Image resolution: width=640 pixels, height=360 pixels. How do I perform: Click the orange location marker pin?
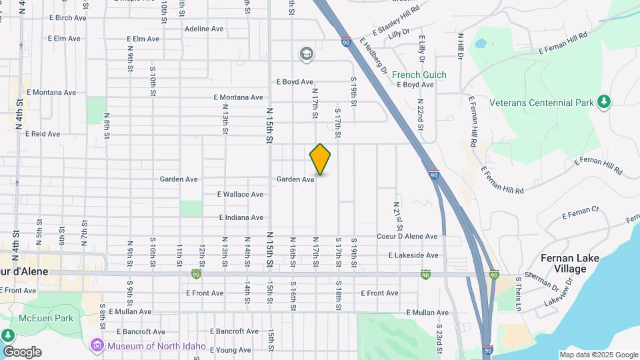click(321, 159)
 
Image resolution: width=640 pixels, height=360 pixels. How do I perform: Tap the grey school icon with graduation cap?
click(306, 54)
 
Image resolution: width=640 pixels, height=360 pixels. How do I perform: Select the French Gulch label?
click(419, 75)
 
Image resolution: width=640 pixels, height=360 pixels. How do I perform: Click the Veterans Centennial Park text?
click(541, 103)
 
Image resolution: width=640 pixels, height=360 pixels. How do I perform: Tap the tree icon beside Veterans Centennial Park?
click(604, 101)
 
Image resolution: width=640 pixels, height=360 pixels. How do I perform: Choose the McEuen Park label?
click(46, 318)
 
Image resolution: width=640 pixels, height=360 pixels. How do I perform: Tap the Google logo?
click(22, 351)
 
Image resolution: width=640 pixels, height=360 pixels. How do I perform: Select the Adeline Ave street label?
click(204, 29)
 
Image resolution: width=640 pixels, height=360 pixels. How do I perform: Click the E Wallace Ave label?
click(240, 195)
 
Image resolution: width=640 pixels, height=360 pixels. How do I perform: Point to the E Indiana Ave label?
click(241, 217)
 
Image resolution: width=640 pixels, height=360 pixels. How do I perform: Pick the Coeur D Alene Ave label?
click(407, 236)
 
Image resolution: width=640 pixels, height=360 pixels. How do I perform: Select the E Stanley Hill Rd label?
click(396, 22)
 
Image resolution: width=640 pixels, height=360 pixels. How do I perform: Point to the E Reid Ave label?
click(43, 133)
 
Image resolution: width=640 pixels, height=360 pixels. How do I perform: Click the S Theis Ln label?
click(518, 294)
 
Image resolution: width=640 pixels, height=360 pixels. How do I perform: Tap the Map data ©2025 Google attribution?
click(599, 355)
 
